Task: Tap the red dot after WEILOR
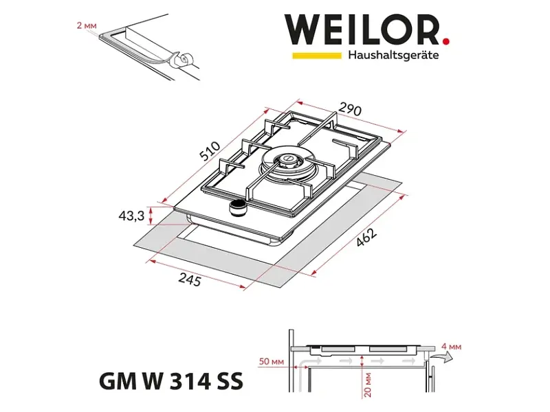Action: tap(445, 41)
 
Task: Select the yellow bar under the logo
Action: tap(317, 56)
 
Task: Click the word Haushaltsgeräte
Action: tap(393, 56)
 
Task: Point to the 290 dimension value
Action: tap(351, 110)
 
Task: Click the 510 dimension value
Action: tap(210, 150)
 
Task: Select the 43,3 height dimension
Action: tap(131, 216)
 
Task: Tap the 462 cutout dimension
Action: tap(366, 237)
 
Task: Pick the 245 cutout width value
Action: tap(190, 279)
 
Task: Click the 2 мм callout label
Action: tap(87, 25)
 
